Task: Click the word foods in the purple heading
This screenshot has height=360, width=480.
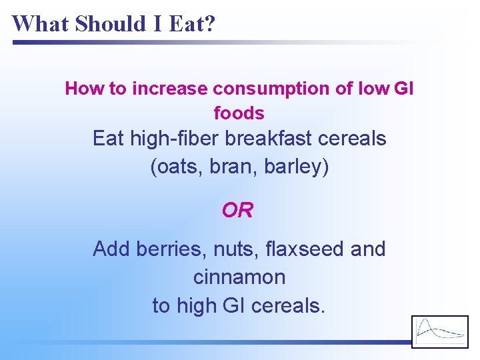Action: [239, 113]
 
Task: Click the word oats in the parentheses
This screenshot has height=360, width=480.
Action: [178, 167]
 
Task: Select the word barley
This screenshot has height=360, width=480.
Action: [296, 167]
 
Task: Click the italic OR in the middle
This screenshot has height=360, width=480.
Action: [238, 211]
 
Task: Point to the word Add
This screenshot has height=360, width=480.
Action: [111, 249]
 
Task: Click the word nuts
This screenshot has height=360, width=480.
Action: [236, 249]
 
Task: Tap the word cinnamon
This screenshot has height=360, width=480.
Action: [239, 277]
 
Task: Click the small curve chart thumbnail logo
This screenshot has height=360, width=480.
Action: [440, 331]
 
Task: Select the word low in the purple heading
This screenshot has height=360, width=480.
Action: [375, 89]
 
